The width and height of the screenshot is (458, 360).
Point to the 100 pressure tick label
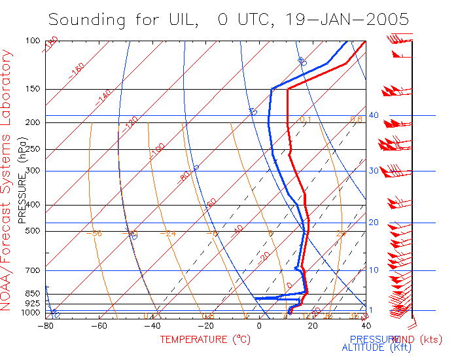[33, 41]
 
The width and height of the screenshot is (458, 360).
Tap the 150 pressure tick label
[33, 89]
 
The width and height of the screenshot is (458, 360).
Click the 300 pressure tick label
[33, 171]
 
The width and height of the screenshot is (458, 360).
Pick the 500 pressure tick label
[33, 230]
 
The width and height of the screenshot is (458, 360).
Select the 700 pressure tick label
[33, 270]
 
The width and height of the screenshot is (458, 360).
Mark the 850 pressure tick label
[33, 293]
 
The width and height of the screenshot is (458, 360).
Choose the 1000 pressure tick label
[31, 313]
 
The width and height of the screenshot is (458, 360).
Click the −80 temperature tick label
[46, 325]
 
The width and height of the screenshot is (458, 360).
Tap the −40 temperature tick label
[152, 325]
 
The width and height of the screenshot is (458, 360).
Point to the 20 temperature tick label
[312, 325]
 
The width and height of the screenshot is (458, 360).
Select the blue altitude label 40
[374, 115]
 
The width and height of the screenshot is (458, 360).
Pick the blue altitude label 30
[374, 171]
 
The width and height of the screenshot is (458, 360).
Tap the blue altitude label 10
[374, 270]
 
